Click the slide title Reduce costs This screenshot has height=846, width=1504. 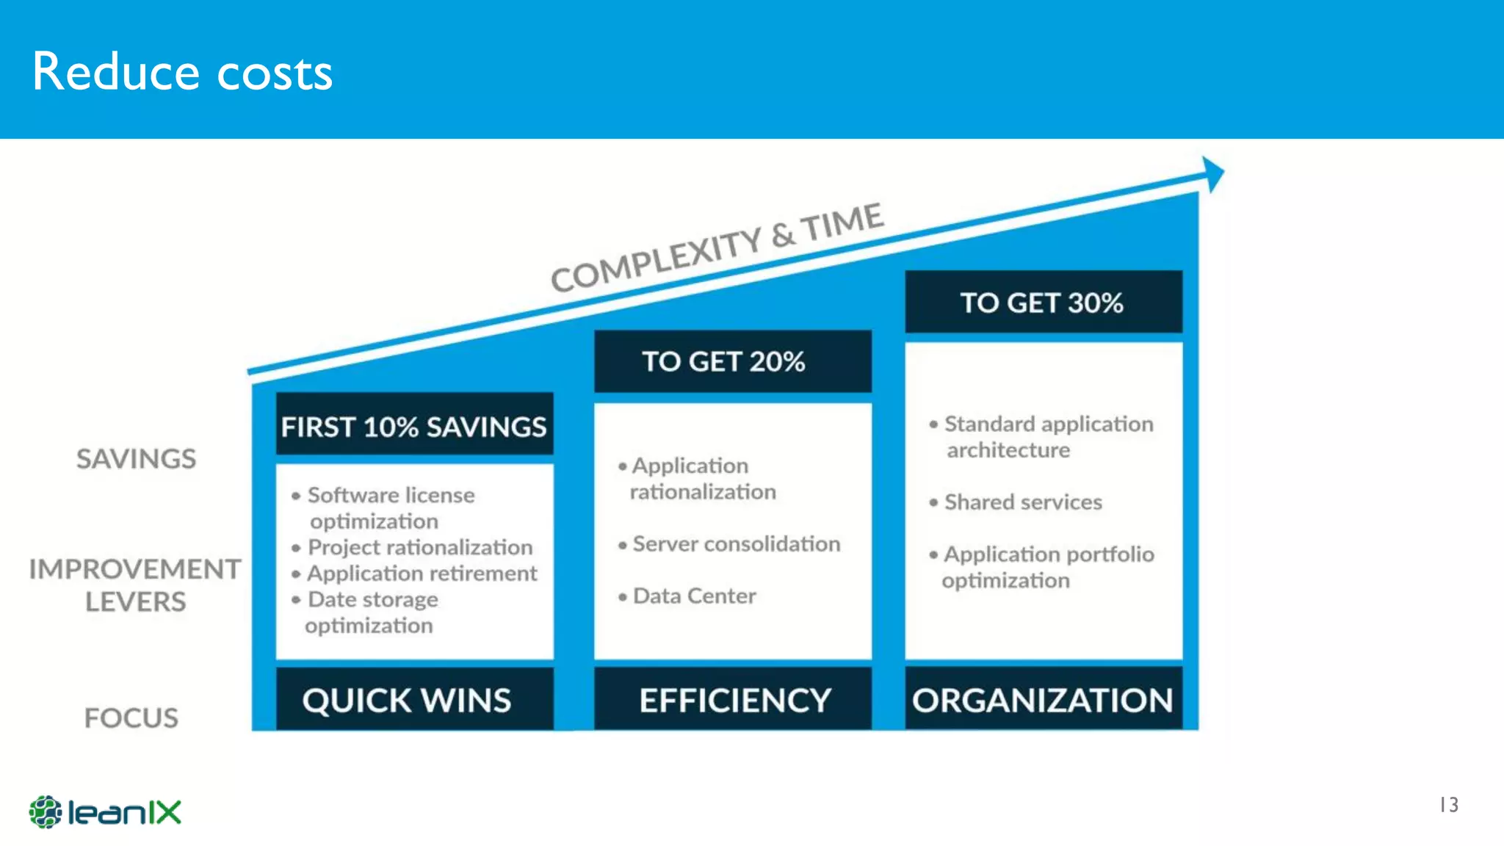(x=182, y=72)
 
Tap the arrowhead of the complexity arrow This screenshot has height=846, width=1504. (x=1213, y=174)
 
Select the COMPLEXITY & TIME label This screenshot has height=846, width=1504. (x=717, y=247)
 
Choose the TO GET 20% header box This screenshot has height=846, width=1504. (x=732, y=361)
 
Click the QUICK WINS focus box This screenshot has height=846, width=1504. (x=414, y=699)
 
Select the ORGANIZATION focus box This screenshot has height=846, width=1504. (x=1043, y=699)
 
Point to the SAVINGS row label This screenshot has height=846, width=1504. (x=137, y=459)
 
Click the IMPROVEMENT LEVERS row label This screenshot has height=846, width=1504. (x=135, y=585)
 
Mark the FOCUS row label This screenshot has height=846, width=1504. (x=131, y=717)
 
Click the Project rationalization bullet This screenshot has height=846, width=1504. (x=419, y=547)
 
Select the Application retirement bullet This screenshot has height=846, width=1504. (x=422, y=573)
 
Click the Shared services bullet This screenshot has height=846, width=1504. (x=1023, y=502)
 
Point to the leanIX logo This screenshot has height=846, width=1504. (x=105, y=812)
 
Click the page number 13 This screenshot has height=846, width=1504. (x=1448, y=805)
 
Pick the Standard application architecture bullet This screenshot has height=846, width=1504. (x=1047, y=436)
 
